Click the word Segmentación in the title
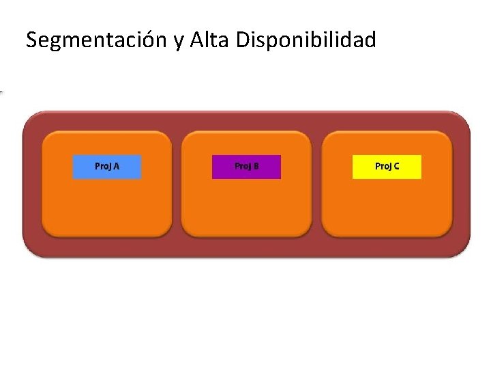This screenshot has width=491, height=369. pyautogui.click(x=97, y=41)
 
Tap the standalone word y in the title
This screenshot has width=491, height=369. pyautogui.click(x=179, y=42)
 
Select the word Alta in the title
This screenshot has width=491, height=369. pyautogui.click(x=210, y=40)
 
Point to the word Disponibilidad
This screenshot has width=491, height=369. pyautogui.click(x=306, y=41)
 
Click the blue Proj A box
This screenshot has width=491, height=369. pyautogui.click(x=107, y=167)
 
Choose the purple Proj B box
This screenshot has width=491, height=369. pyautogui.click(x=246, y=167)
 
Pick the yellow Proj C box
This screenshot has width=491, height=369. pyautogui.click(x=387, y=167)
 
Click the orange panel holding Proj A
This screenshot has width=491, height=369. pyautogui.click(x=107, y=205)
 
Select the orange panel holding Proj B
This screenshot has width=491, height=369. pyautogui.click(x=246, y=205)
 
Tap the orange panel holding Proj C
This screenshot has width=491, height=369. pyautogui.click(x=387, y=205)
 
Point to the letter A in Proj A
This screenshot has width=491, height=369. pyautogui.click(x=117, y=166)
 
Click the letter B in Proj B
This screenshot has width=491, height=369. pyautogui.click(x=256, y=166)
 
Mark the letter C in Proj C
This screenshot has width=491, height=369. pyautogui.click(x=396, y=166)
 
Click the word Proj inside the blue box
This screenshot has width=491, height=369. pyautogui.click(x=103, y=167)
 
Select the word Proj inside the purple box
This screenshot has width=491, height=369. pyautogui.click(x=242, y=167)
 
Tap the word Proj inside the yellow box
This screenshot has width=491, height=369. pyautogui.click(x=383, y=167)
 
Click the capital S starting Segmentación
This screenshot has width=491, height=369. pyautogui.click(x=32, y=41)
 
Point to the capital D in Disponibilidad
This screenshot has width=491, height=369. pyautogui.click(x=243, y=41)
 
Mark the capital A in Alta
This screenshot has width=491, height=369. pyautogui.click(x=198, y=41)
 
